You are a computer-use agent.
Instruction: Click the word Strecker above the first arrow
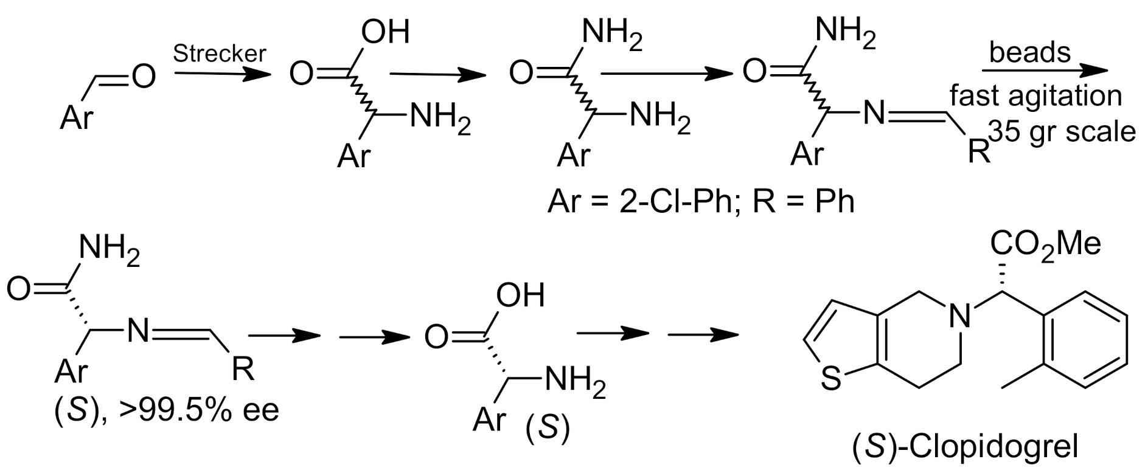[x=220, y=54]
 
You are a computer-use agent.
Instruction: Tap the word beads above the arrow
[x=1030, y=52]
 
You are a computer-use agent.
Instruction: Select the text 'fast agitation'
[x=1036, y=96]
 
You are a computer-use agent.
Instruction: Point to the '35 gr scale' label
[x=1062, y=131]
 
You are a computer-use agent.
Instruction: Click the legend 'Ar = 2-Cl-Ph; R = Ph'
[x=701, y=201]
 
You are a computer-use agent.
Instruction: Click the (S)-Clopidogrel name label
[x=964, y=447]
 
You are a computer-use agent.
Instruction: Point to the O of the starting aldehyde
[x=144, y=77]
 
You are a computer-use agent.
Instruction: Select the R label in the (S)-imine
[x=243, y=368]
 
